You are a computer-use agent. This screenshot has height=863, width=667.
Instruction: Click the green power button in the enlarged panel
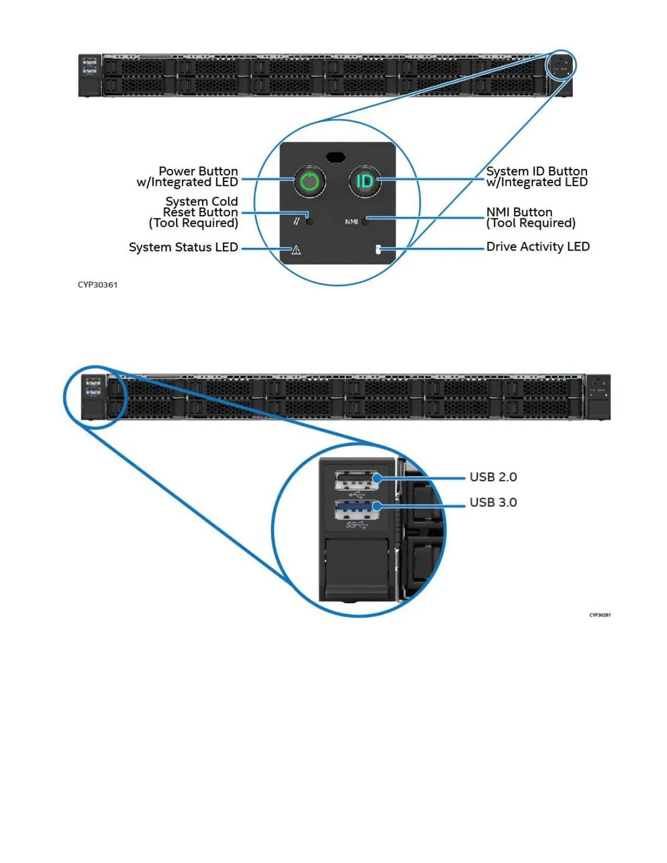click(x=310, y=181)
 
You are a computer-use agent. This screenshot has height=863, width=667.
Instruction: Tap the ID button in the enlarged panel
click(x=365, y=181)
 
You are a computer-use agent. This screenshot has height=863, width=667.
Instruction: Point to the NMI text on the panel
click(x=351, y=222)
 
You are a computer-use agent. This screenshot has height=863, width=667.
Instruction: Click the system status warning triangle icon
click(x=296, y=250)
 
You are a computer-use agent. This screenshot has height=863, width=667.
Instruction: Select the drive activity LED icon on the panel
click(x=378, y=250)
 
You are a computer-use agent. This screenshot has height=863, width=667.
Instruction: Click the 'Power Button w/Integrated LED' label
click(x=187, y=177)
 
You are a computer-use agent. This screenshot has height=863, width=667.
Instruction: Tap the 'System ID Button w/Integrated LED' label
click(x=537, y=177)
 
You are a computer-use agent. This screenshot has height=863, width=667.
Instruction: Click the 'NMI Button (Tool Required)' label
click(x=530, y=217)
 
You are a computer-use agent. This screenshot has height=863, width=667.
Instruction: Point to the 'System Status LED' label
click(x=183, y=247)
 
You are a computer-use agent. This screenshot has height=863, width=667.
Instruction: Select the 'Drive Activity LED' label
click(x=538, y=247)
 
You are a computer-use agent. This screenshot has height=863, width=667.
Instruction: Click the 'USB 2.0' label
click(x=493, y=477)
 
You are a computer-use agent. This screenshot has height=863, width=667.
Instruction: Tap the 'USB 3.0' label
click(x=493, y=502)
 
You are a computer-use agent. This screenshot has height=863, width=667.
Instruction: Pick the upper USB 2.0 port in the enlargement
click(x=356, y=481)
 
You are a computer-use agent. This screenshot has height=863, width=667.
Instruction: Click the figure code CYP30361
click(x=98, y=285)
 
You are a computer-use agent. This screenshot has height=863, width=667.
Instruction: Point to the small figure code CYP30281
click(x=600, y=615)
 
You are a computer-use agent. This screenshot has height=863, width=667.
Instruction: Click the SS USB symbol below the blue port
click(x=357, y=525)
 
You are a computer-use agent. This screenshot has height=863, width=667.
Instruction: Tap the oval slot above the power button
click(x=336, y=157)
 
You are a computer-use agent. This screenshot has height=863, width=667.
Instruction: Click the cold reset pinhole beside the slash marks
click(x=310, y=221)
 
